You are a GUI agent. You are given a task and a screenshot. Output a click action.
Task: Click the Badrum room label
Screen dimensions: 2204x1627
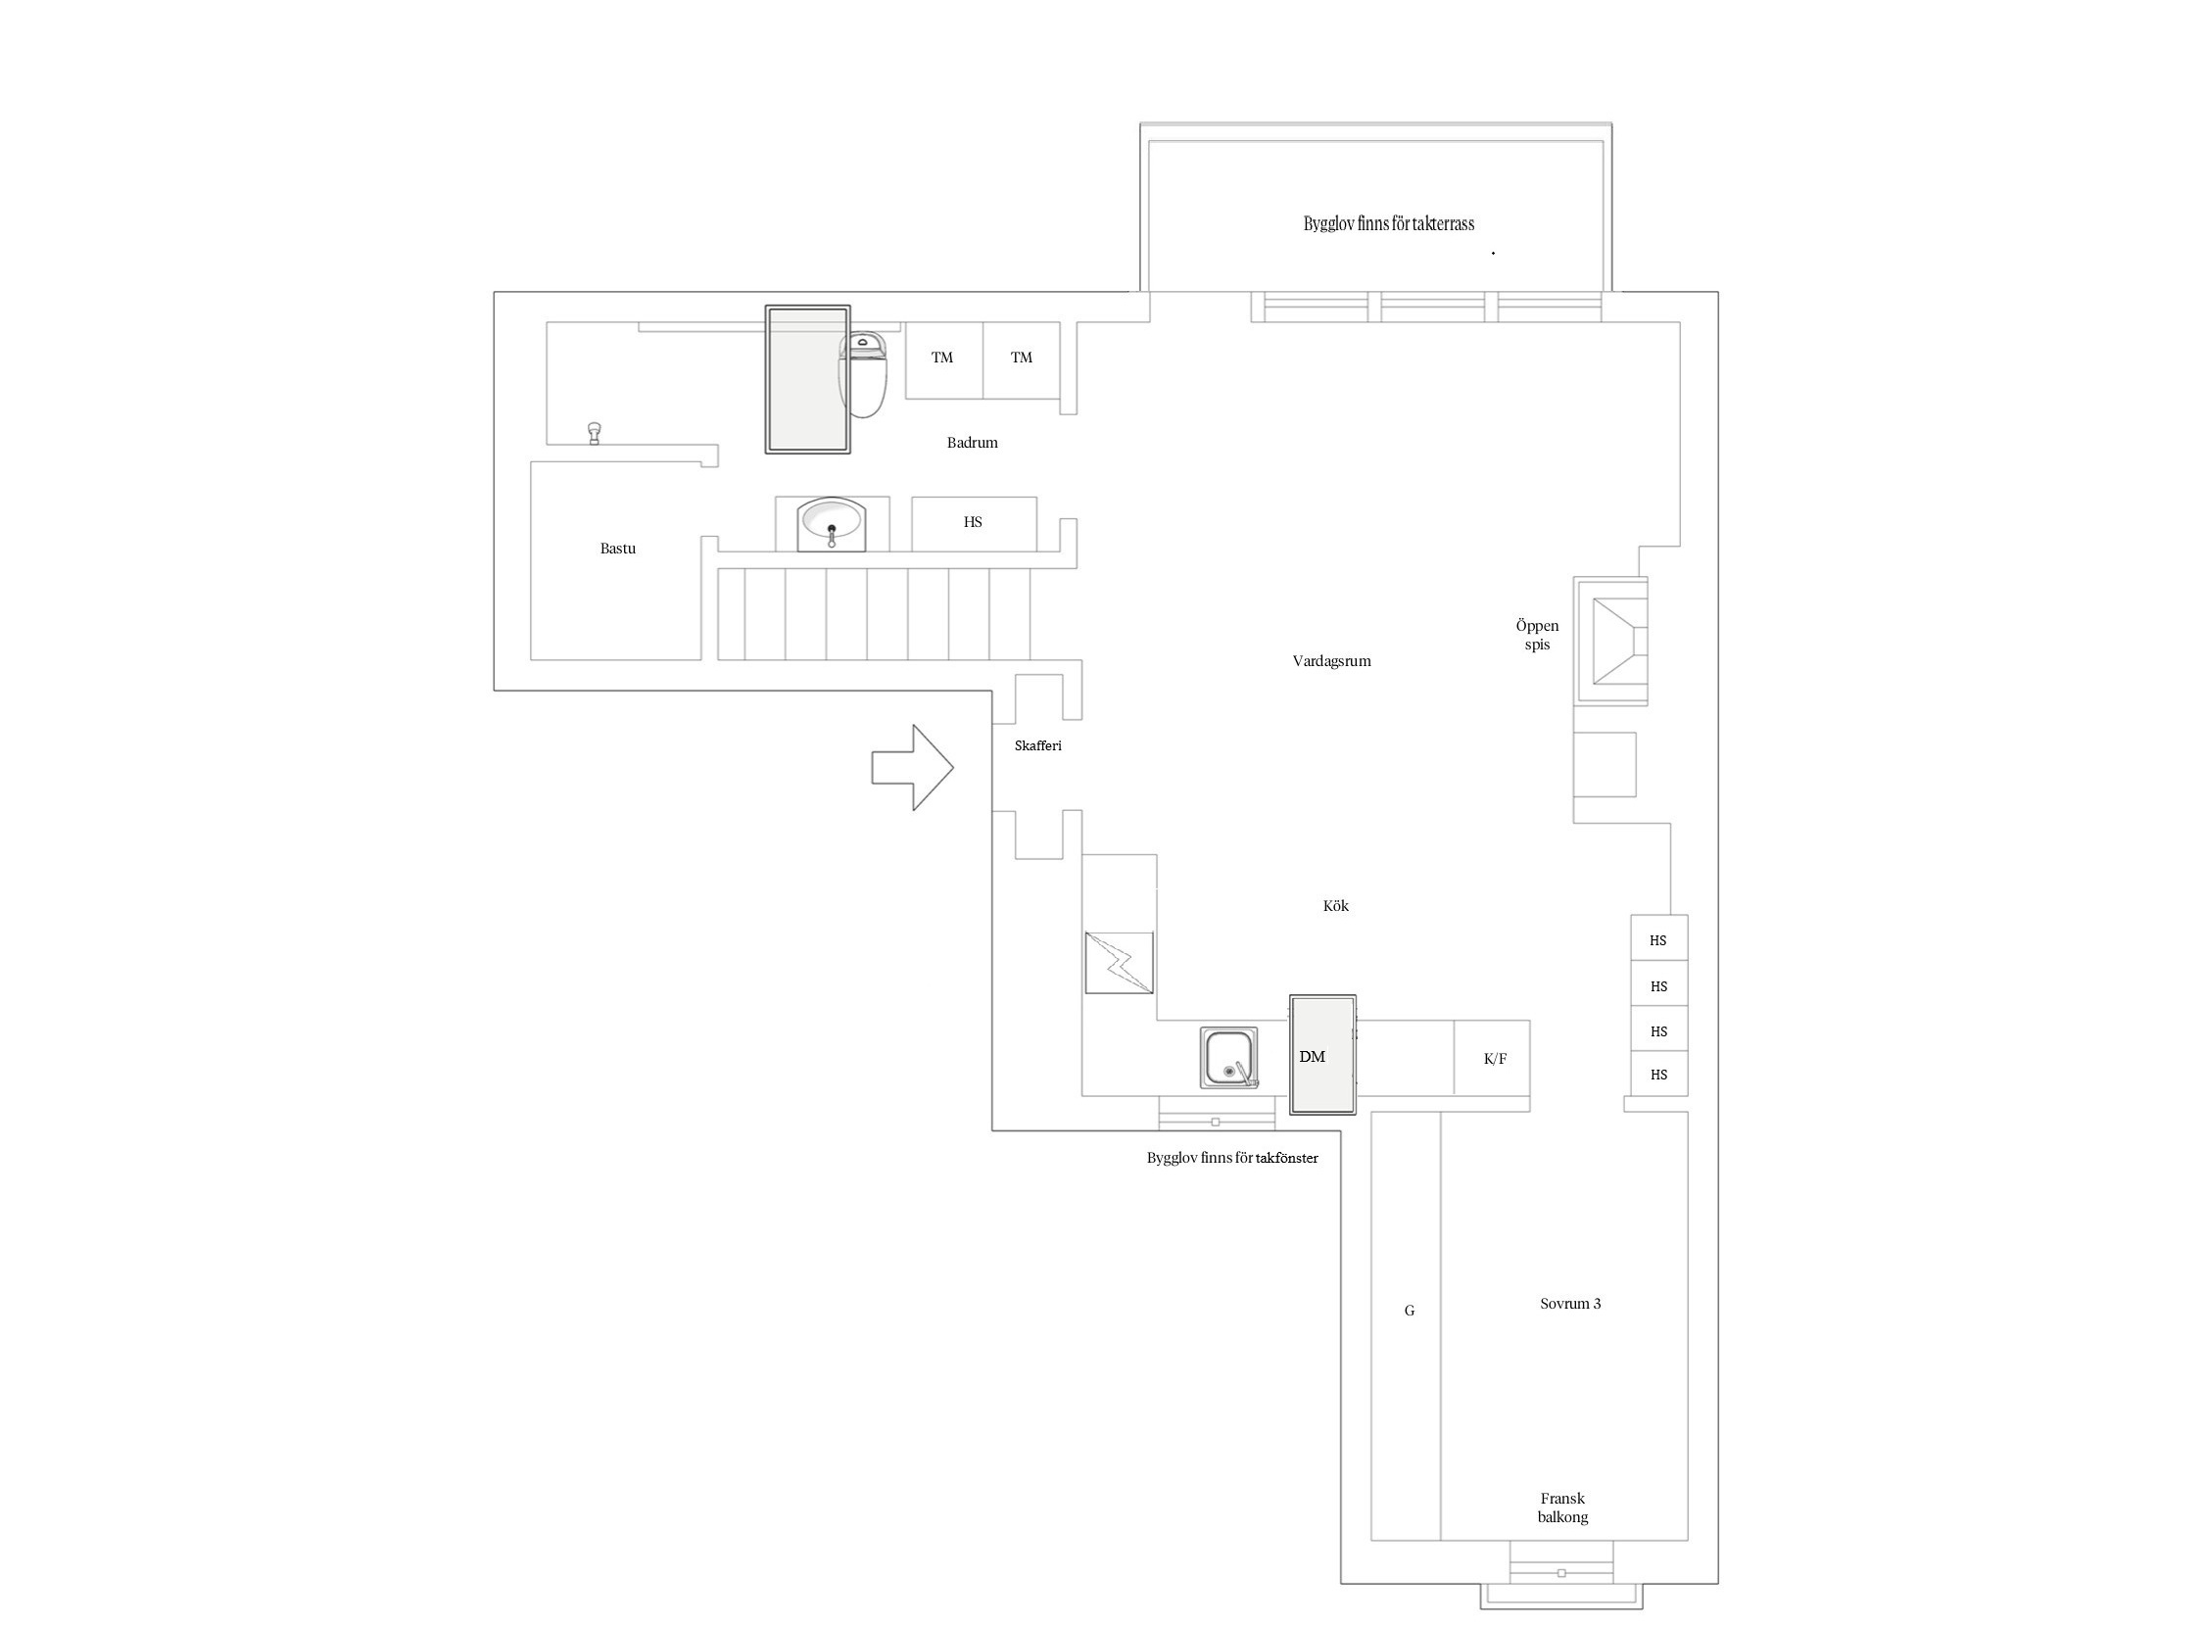click(x=972, y=443)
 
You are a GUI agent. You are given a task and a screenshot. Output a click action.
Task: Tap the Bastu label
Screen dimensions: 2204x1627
click(x=617, y=549)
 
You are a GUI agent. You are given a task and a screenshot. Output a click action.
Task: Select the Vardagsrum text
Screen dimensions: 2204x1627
click(x=1331, y=661)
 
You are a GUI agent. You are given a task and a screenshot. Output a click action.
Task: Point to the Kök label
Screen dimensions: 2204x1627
click(x=1335, y=906)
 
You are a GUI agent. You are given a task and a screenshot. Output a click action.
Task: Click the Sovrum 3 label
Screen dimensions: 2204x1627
click(x=1570, y=1304)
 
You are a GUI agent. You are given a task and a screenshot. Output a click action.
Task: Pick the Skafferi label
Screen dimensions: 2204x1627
click(x=1038, y=746)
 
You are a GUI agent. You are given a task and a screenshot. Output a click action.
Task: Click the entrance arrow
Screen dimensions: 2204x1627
click(x=912, y=768)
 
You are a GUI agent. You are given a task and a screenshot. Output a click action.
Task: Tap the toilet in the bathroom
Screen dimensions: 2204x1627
click(x=863, y=373)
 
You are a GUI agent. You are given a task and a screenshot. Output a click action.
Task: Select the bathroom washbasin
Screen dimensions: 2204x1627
click(x=832, y=523)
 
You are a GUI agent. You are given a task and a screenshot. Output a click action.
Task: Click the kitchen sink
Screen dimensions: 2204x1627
click(x=1229, y=1058)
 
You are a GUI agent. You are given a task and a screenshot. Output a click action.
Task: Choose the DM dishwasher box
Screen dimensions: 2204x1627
click(x=1322, y=1055)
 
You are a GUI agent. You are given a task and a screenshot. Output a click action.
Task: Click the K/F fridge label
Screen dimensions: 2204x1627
click(x=1495, y=1060)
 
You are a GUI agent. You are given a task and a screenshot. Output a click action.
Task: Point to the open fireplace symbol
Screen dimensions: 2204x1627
click(x=1611, y=642)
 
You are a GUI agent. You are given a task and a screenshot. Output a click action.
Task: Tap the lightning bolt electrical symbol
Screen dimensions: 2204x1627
click(x=1119, y=963)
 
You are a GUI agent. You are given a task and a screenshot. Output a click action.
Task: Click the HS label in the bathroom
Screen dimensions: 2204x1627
click(x=973, y=522)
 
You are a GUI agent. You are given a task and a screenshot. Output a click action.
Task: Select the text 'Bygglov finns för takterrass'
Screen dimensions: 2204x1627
click(x=1389, y=224)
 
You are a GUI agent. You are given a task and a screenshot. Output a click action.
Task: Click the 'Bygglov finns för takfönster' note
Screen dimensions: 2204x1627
click(x=1232, y=1158)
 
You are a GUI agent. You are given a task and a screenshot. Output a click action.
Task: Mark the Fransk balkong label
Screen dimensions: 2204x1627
click(x=1563, y=1507)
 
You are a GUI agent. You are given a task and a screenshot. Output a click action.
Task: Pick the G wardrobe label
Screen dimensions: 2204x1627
click(x=1410, y=1311)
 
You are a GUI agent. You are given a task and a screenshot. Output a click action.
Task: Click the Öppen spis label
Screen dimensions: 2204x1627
click(x=1537, y=636)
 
